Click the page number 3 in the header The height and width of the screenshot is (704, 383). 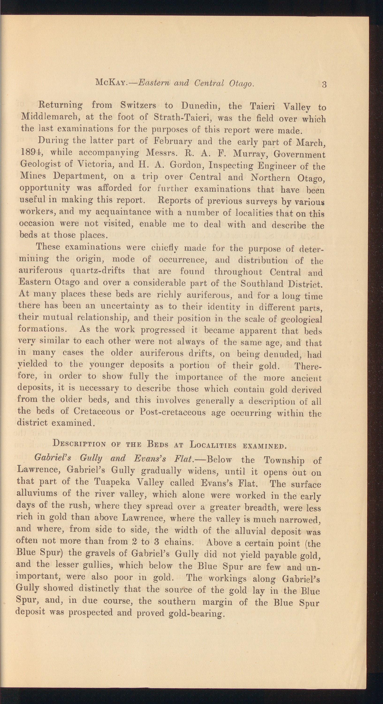pos(324,85)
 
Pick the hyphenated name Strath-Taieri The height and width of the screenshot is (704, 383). pos(182,118)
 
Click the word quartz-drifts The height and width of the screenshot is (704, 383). pos(98,271)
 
